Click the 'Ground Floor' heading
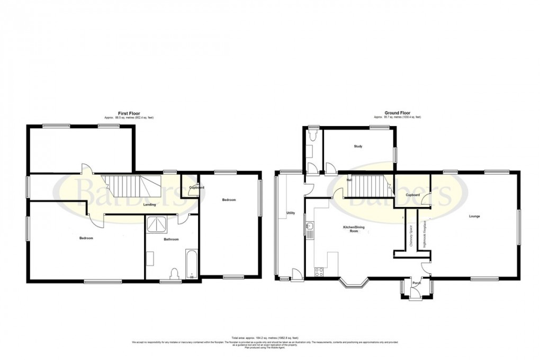[397, 113]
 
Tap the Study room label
[358, 146]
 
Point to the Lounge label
[474, 216]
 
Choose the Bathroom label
[170, 239]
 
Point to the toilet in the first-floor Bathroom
[174, 273]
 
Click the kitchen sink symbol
[309, 229]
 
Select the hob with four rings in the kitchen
[320, 273]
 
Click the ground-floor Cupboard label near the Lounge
[413, 195]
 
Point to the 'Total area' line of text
[269, 337]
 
